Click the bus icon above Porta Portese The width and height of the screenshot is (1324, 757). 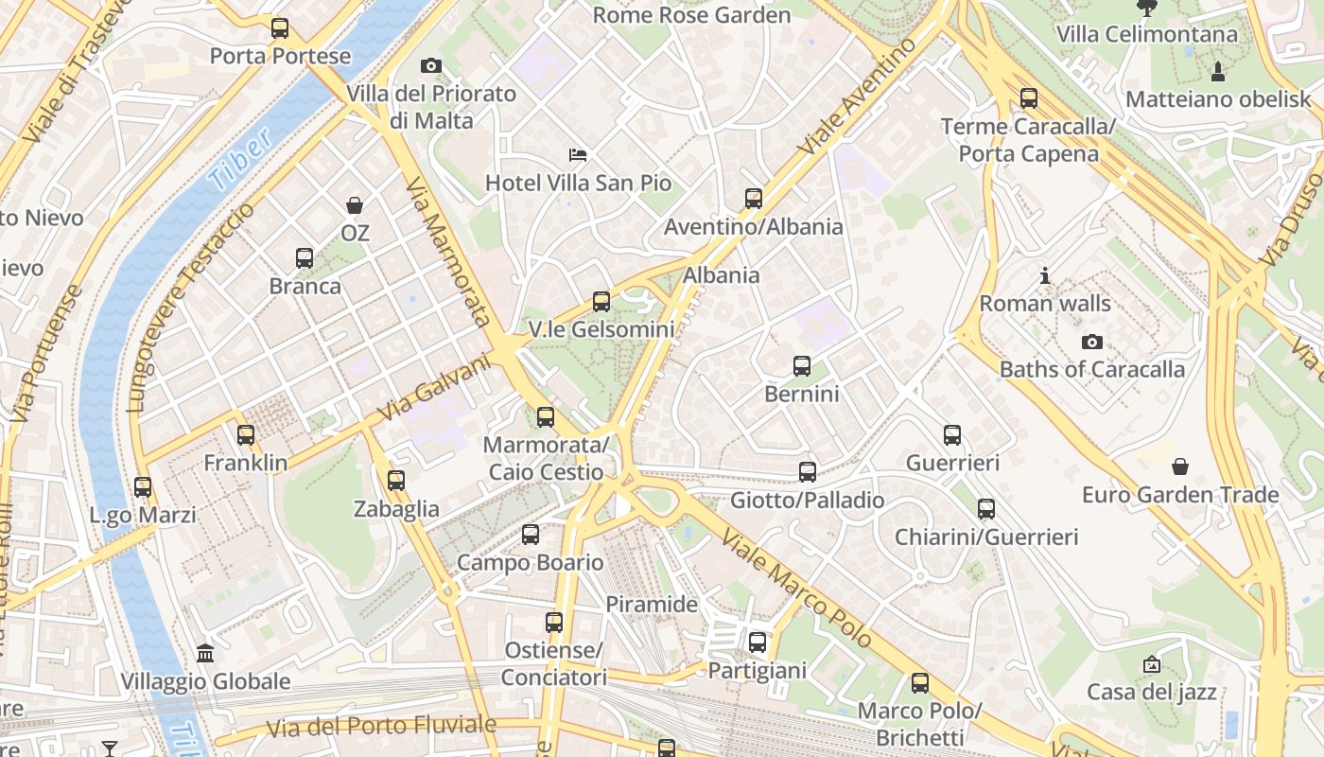click(280, 28)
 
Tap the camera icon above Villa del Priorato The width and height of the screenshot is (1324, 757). click(431, 65)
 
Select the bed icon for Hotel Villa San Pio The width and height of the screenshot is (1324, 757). click(578, 154)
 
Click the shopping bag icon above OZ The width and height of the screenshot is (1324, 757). click(355, 205)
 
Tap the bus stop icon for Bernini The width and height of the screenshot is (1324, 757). click(802, 366)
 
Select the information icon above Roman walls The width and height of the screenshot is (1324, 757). click(1045, 276)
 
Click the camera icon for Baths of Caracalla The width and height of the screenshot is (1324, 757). click(1092, 342)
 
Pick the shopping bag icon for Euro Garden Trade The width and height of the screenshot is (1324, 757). click(1180, 467)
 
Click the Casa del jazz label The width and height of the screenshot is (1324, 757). click(1151, 692)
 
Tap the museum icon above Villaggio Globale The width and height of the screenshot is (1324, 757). click(205, 653)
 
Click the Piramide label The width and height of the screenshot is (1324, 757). click(652, 604)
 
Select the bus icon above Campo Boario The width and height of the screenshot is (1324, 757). click(531, 535)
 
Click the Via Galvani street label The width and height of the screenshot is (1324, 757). click(436, 388)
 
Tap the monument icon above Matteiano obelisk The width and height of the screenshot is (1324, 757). click(1218, 71)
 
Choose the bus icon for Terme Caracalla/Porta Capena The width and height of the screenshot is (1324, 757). click(1029, 98)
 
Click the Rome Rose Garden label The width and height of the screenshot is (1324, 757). click(691, 15)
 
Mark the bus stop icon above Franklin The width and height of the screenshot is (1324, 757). click(246, 435)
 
